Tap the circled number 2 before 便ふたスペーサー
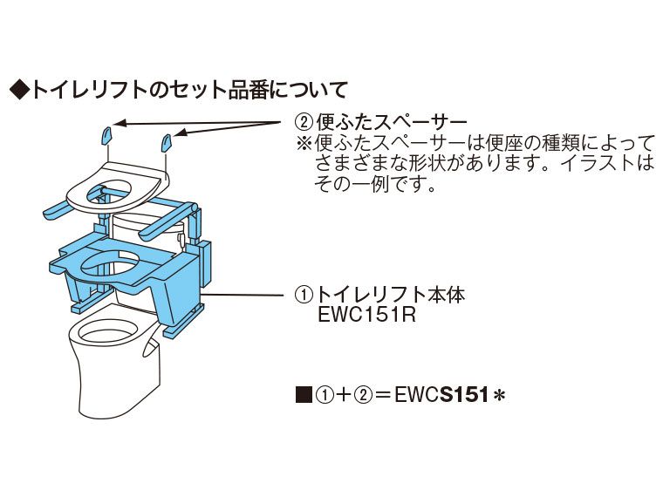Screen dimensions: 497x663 coord(302,122)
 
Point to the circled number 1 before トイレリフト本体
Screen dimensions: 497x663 coord(302,296)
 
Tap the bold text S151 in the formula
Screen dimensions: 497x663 coord(466,395)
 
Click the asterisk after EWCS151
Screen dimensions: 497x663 coord(500,396)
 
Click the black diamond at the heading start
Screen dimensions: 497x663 coord(18,89)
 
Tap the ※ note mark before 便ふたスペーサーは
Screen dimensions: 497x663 coord(303,142)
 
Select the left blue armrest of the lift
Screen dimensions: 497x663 coord(61,210)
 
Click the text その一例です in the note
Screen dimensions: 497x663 coord(375,184)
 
